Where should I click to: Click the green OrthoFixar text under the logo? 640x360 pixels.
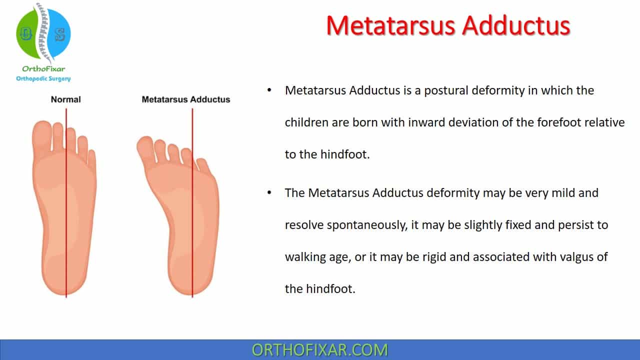(43, 69)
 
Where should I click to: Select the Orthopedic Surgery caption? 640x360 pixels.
(43, 78)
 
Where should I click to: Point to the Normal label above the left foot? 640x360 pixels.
(65, 99)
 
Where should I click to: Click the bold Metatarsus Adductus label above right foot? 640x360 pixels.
(185, 99)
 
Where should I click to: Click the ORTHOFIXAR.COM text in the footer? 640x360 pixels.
(320, 349)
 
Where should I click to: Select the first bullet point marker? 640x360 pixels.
(270, 90)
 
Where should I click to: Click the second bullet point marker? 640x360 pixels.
(270, 192)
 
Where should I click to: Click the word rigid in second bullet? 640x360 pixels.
(453, 257)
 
